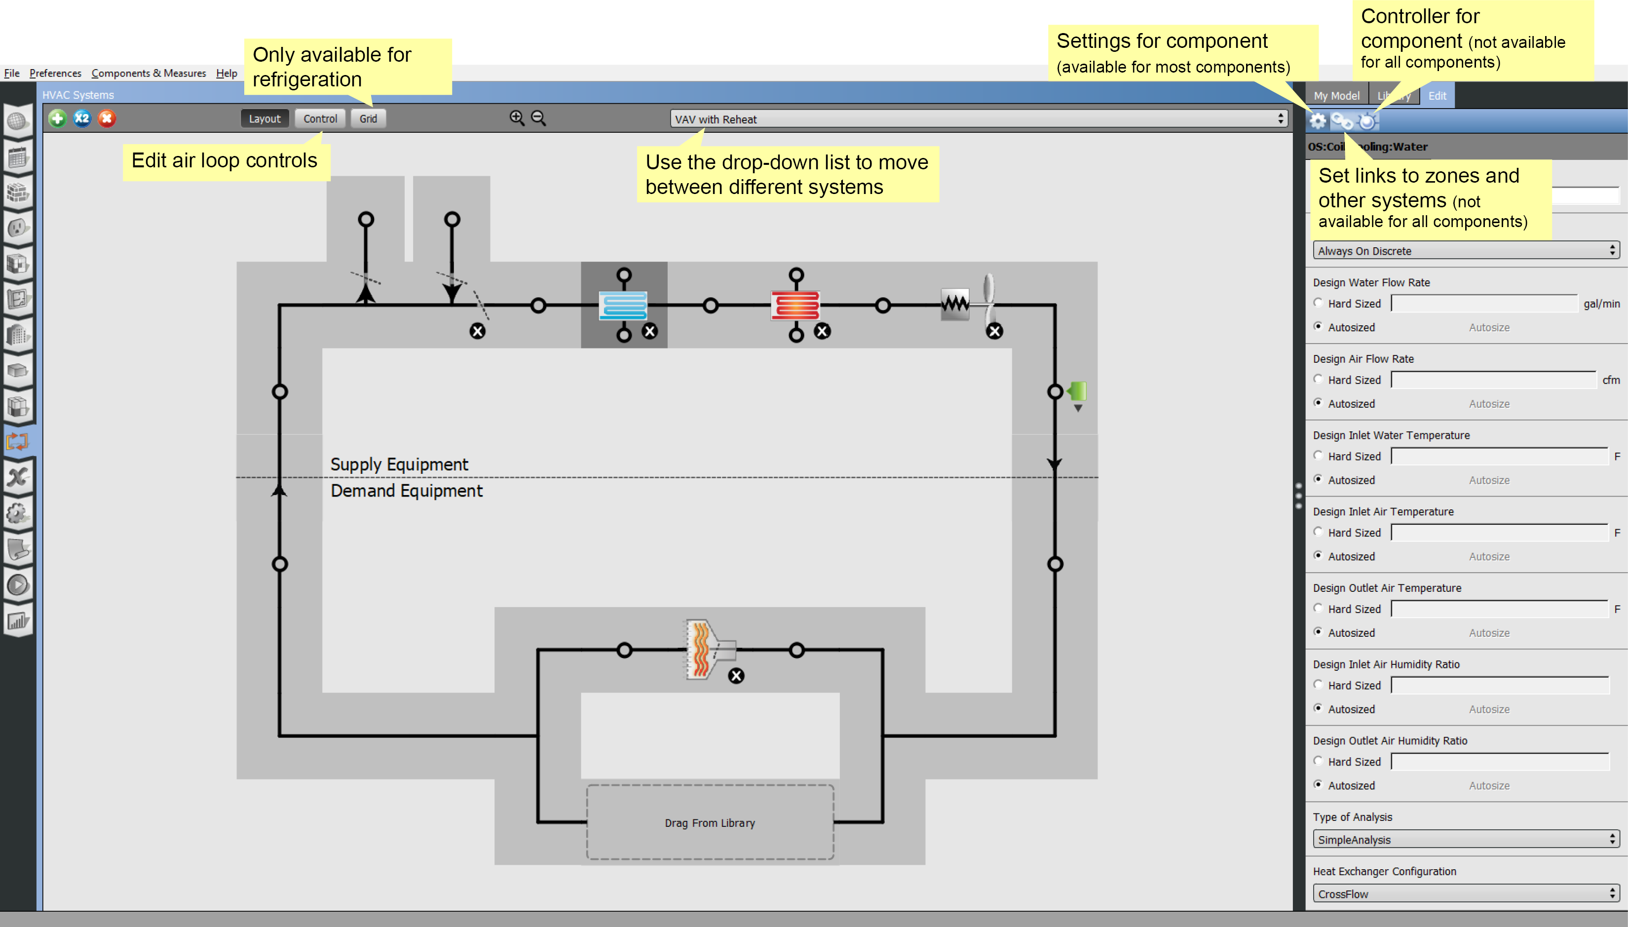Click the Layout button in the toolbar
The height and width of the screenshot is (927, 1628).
(x=264, y=119)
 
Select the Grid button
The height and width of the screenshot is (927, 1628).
(x=368, y=119)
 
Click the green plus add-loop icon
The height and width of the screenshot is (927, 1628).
(x=57, y=118)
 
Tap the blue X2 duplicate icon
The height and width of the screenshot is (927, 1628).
(x=82, y=118)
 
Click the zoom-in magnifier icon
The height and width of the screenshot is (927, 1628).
(x=517, y=118)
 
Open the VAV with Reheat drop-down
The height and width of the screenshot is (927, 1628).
(x=978, y=119)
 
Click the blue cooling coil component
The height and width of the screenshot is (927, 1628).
(x=623, y=306)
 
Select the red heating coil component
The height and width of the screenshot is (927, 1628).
(x=795, y=306)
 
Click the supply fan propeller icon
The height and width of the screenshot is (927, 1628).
(x=988, y=299)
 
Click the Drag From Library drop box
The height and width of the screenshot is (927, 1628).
(x=710, y=822)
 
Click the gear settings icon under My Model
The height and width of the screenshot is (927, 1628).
(x=1318, y=121)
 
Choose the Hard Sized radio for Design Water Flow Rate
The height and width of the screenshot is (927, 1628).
(x=1318, y=303)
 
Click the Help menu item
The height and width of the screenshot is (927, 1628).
(x=226, y=73)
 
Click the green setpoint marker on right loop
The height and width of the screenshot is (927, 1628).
(x=1077, y=391)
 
